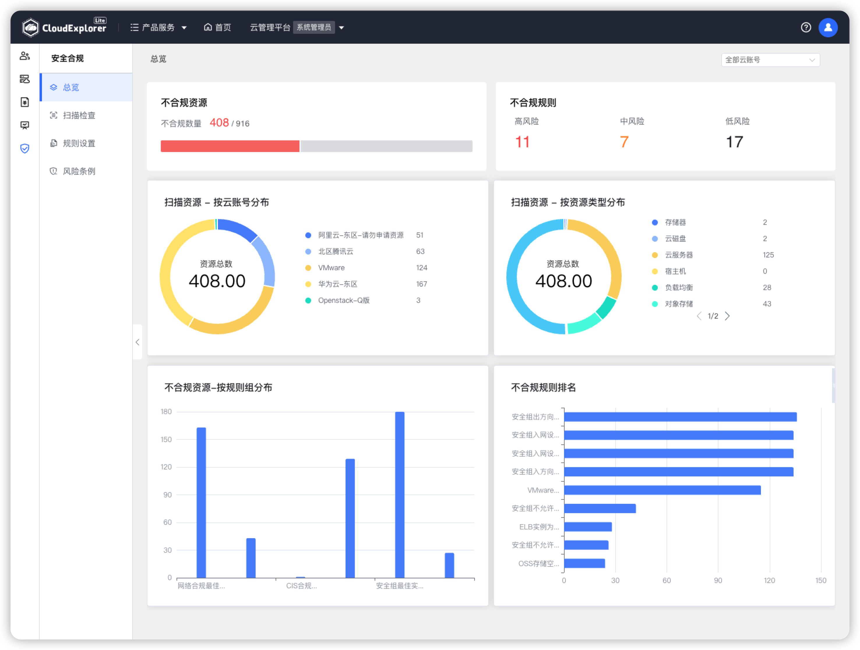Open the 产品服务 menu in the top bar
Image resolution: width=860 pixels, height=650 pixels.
pyautogui.click(x=158, y=27)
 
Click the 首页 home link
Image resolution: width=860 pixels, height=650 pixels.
pyautogui.click(x=217, y=27)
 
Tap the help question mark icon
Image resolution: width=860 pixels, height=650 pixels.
pyautogui.click(x=806, y=27)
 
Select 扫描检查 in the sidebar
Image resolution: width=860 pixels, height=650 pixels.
pyautogui.click(x=79, y=115)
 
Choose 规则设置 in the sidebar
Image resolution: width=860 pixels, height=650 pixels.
pyautogui.click(x=79, y=144)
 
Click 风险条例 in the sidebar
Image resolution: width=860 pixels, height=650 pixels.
pyautogui.click(x=79, y=172)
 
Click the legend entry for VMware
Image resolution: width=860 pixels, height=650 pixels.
pyautogui.click(x=331, y=268)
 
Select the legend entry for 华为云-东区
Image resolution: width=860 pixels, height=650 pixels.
pyautogui.click(x=337, y=284)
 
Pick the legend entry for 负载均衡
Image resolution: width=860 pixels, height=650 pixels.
pyautogui.click(x=679, y=288)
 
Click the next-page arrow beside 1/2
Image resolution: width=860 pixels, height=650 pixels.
pyautogui.click(x=727, y=316)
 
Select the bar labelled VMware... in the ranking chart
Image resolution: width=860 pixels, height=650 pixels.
pyautogui.click(x=662, y=490)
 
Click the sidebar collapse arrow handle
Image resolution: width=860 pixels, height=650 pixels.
pyautogui.click(x=137, y=342)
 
